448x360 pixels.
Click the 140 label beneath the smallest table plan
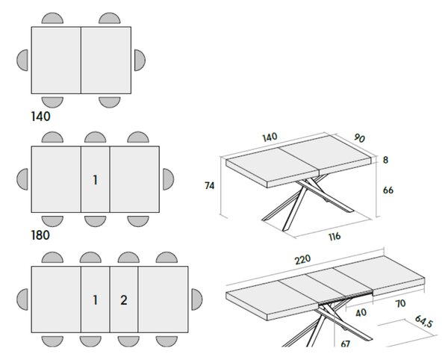[x=40, y=117]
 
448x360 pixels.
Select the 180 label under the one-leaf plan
[x=40, y=235]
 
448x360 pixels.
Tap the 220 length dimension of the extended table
[x=302, y=259]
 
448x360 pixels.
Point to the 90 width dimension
[x=359, y=138]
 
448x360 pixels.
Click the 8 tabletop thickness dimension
[x=385, y=160]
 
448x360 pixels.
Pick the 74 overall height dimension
[x=209, y=186]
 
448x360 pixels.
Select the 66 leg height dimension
[x=388, y=190]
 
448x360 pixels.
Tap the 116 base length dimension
[x=335, y=237]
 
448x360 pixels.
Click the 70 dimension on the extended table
[x=400, y=303]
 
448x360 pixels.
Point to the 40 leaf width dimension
[x=361, y=312]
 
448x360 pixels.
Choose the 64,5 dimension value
[x=423, y=321]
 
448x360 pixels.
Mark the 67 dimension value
[x=346, y=343]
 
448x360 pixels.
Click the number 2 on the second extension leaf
[x=123, y=300]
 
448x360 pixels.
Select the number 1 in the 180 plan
[x=96, y=180]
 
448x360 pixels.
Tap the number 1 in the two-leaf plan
[x=96, y=300]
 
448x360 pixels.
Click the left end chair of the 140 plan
[x=22, y=60]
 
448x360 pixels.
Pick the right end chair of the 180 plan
[x=168, y=179]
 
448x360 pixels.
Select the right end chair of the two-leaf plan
[x=197, y=300]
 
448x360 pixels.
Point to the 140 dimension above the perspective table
[x=270, y=137]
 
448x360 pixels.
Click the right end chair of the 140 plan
[x=140, y=60]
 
